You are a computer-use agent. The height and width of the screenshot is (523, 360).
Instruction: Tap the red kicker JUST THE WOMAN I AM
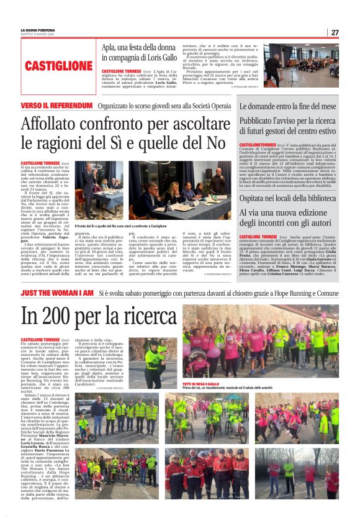[x=57, y=292]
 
